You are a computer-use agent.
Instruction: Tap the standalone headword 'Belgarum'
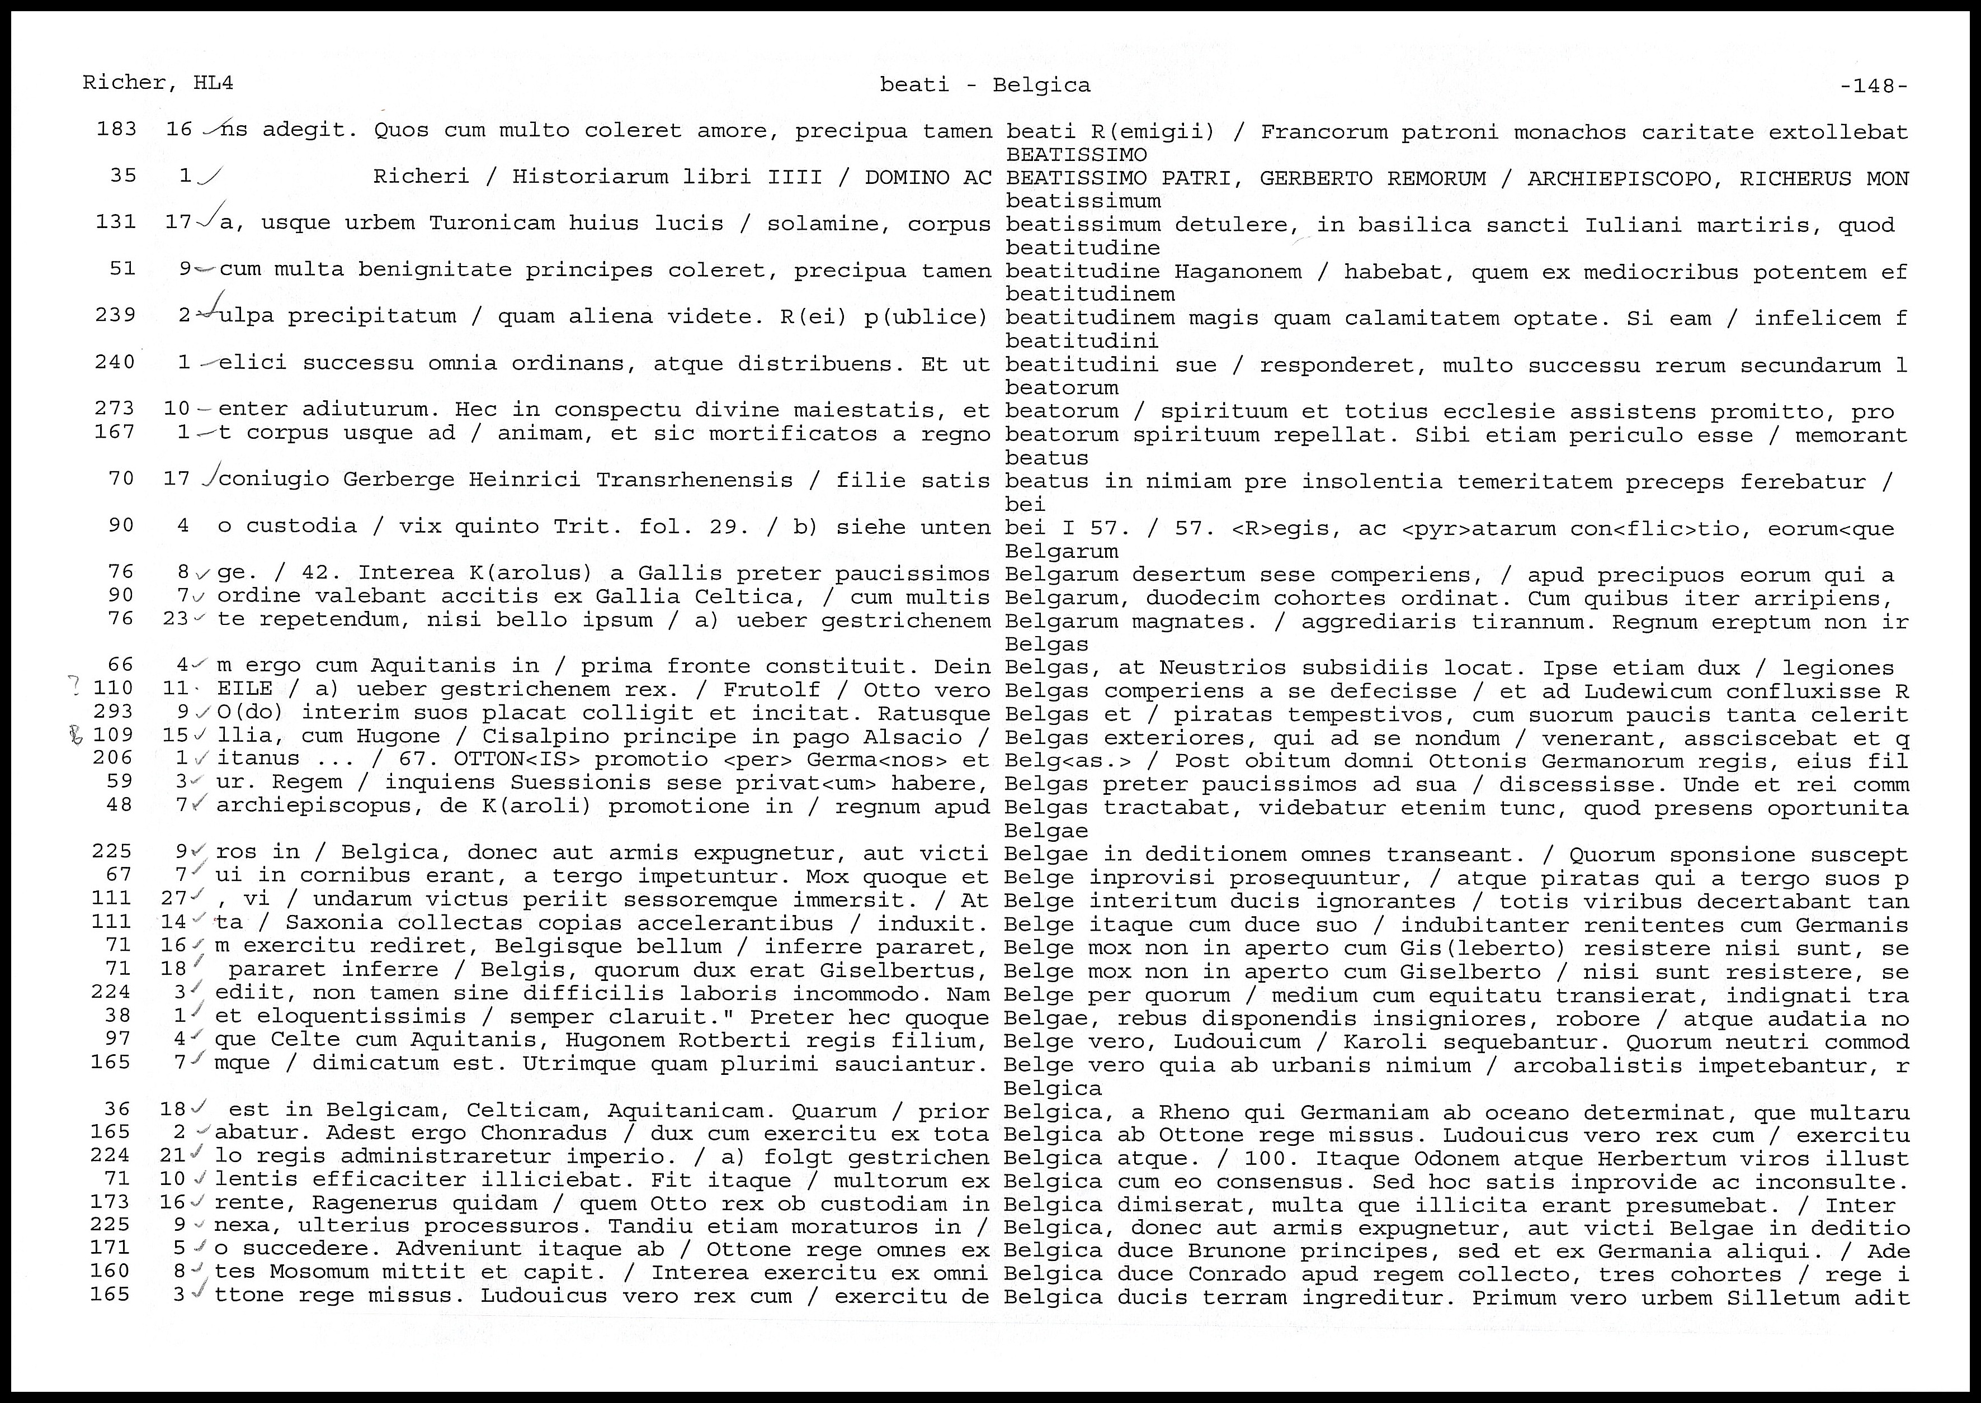pos(1062,551)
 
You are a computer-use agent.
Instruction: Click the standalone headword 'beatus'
pos(1046,458)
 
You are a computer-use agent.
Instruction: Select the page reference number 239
pos(115,315)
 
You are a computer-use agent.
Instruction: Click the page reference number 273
pos(115,408)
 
